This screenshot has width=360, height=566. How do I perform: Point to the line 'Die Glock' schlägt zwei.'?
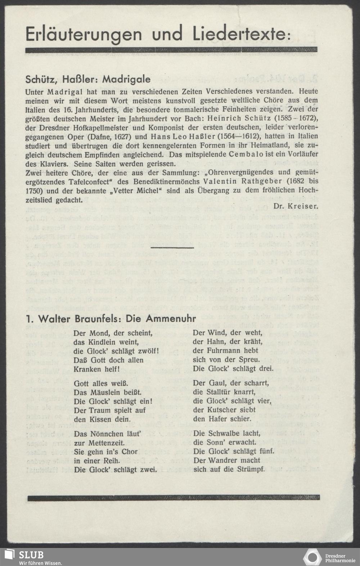coord(115,470)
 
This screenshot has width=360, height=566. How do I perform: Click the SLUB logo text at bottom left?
coord(32,554)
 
